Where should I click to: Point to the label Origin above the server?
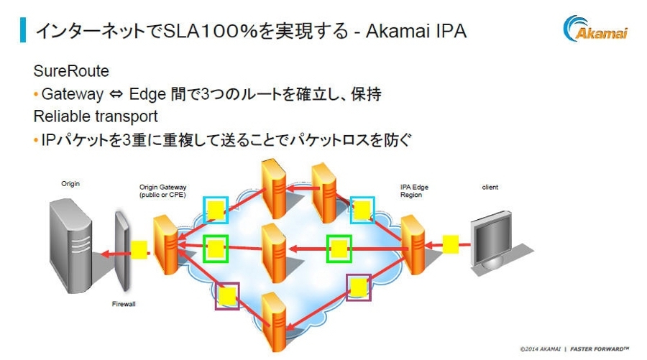tap(70, 184)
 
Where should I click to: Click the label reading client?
tap(490, 188)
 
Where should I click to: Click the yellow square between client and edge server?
tap(451, 244)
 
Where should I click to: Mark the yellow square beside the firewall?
tap(139, 249)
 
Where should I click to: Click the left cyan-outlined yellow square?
tap(215, 210)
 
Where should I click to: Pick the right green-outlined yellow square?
tap(338, 249)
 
